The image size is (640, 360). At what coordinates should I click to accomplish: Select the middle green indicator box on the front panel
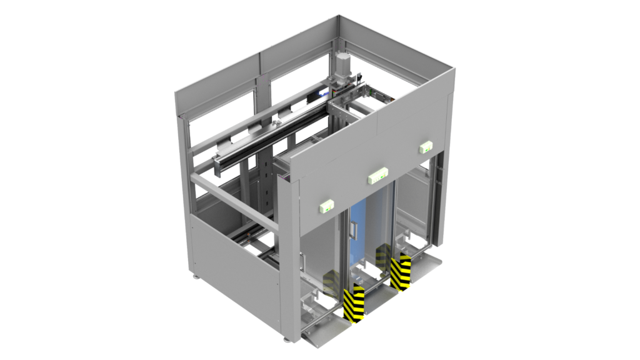[x=377, y=175]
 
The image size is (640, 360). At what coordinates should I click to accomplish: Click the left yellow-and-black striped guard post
[x=353, y=304]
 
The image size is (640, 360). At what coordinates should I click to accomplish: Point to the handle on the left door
[x=304, y=260]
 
